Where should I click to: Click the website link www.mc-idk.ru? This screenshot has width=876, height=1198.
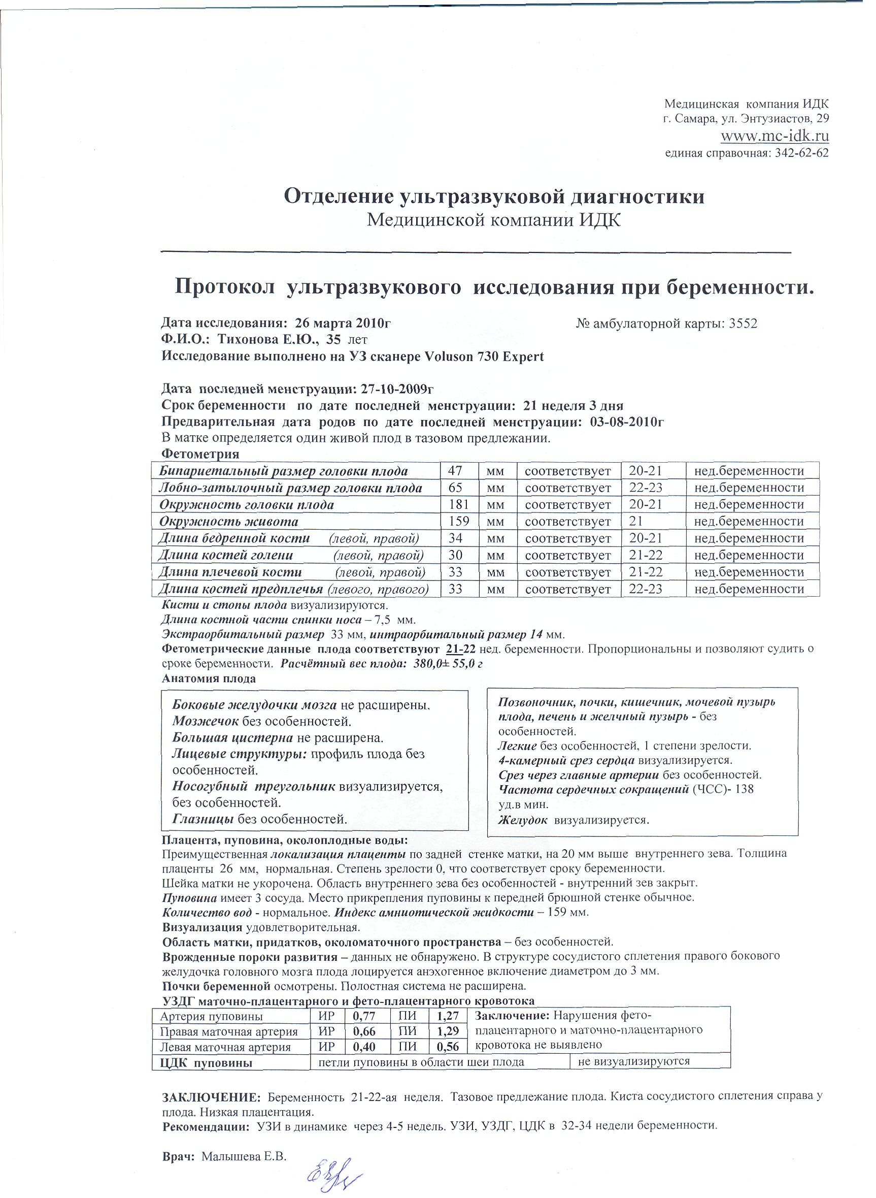point(774,136)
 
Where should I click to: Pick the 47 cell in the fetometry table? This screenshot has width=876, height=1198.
point(455,471)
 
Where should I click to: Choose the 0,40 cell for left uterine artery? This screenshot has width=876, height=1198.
point(364,1047)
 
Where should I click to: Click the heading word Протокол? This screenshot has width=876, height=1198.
point(225,287)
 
